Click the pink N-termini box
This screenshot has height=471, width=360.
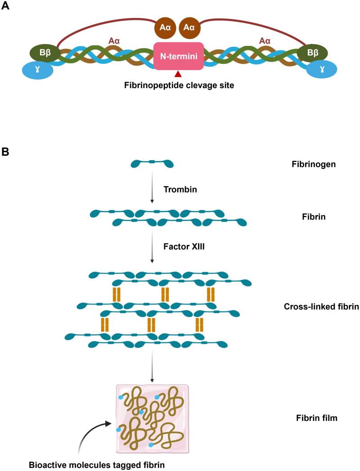[x=179, y=56]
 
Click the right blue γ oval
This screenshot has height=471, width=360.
[x=321, y=70]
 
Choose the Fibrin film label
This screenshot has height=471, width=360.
[x=314, y=418]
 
